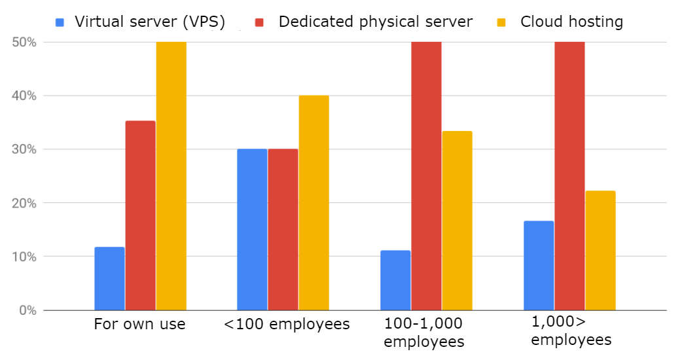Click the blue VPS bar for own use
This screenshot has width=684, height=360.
pos(109,278)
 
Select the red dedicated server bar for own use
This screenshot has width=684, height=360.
pos(140,215)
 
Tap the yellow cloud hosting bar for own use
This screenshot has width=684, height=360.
pos(171,176)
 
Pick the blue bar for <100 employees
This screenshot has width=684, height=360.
pos(252,229)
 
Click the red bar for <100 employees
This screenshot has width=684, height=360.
pos(283,229)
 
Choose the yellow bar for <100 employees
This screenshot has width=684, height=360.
pos(314,203)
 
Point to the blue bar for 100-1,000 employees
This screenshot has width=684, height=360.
pos(395,280)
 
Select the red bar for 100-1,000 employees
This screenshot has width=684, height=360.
pos(426,176)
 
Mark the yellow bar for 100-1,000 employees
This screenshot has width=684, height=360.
pos(457,221)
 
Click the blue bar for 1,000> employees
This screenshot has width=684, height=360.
pos(539,265)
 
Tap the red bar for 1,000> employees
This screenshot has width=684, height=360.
pos(569,176)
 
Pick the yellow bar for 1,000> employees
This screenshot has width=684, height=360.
pos(600,250)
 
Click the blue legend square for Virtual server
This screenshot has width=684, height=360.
pos(60,22)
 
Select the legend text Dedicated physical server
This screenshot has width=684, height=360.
pos(375,22)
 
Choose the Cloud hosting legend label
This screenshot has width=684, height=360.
pos(571,22)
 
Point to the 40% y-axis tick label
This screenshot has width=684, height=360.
pos(24,96)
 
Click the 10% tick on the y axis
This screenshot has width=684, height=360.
pos(24,257)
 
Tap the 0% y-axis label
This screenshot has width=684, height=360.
pos(27,310)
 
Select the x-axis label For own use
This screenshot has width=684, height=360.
pos(139,324)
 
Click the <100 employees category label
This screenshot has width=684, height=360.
pos(287,324)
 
